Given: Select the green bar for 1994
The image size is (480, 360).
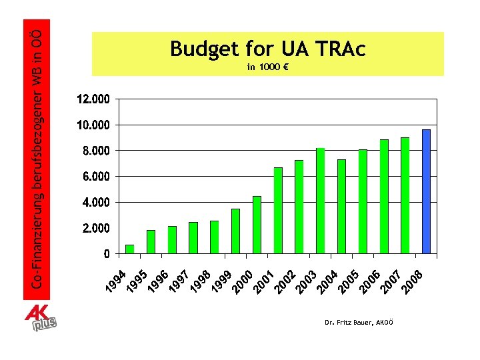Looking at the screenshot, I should (x=130, y=249).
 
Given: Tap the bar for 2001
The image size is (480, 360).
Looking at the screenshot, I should (x=278, y=211).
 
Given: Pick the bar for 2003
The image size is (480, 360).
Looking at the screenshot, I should (x=321, y=201).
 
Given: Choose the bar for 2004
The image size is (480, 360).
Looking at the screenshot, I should (x=341, y=207).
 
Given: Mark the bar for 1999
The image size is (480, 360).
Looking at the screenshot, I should (x=235, y=231).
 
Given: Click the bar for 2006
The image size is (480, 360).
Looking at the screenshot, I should (x=384, y=197).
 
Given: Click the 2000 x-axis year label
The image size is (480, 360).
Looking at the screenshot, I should (x=242, y=281).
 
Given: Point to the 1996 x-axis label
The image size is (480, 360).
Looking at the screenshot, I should (x=157, y=281).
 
